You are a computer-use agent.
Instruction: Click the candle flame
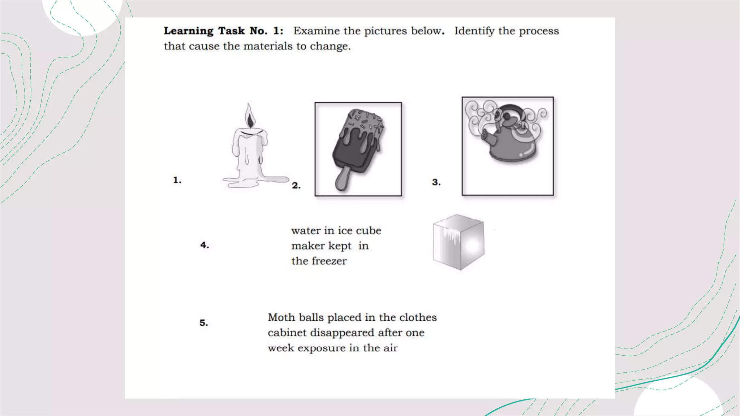249,116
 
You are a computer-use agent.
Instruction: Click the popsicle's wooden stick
342,178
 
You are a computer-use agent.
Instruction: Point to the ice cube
459,242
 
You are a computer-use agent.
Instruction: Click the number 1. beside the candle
177,180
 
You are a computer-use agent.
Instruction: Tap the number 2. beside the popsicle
296,186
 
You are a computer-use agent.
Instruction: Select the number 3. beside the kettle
436,182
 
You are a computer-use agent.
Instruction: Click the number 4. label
205,245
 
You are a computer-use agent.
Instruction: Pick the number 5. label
204,322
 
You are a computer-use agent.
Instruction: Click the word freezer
329,261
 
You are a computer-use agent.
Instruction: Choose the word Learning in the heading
188,31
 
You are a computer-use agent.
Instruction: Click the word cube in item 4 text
368,230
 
